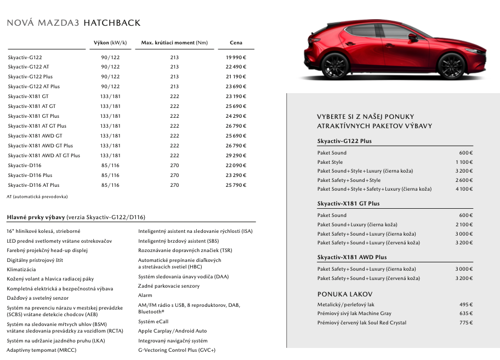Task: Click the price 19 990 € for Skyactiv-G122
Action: pos(236,57)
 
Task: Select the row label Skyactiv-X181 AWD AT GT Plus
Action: pos(44,156)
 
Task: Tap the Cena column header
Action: pos(236,42)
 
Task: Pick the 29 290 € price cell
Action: pos(236,156)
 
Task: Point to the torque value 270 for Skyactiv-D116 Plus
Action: pos(174,175)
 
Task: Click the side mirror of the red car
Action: pos(412,37)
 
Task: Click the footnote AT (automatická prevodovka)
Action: pos(37,196)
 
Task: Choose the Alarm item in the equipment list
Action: pos(145,295)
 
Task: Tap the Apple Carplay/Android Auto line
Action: pos(172,331)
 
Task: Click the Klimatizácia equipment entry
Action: pos(21,270)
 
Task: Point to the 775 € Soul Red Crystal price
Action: pos(465,323)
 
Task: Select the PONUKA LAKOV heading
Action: pos(345,294)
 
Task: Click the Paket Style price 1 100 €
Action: pos(464,162)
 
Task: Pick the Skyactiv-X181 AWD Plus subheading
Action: pos(352,257)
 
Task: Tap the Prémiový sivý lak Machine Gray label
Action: pos(354,313)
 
